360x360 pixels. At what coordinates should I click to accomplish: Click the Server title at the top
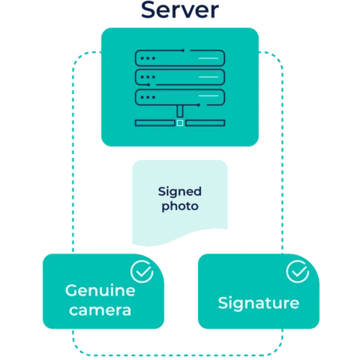tap(180, 10)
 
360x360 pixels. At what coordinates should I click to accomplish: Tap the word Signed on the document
tap(180, 192)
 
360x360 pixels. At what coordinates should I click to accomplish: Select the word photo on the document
tap(180, 206)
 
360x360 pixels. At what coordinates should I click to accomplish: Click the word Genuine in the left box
tap(100, 290)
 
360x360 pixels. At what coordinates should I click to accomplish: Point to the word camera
tap(100, 310)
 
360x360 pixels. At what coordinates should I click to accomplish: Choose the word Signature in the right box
tap(259, 304)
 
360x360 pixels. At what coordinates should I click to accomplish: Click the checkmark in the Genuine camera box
tap(142, 271)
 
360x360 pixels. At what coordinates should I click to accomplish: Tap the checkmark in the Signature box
tap(298, 271)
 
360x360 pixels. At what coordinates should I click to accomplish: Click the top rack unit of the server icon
tap(180, 58)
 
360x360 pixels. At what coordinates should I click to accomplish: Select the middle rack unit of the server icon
tap(180, 77)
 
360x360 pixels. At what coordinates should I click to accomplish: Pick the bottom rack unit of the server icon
tap(180, 97)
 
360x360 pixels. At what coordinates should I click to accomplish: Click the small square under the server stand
tap(180, 123)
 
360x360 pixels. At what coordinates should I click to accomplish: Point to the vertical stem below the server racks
tap(180, 111)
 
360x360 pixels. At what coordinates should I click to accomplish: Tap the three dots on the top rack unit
tap(148, 58)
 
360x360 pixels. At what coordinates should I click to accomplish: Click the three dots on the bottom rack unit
tap(148, 97)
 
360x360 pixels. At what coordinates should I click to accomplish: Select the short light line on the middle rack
tap(208, 77)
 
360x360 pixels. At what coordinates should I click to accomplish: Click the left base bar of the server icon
tap(154, 123)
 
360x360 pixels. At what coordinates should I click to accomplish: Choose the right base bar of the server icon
tap(205, 123)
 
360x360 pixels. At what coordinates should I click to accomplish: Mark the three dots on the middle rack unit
tap(148, 77)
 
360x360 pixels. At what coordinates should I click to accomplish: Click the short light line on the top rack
tap(208, 58)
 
